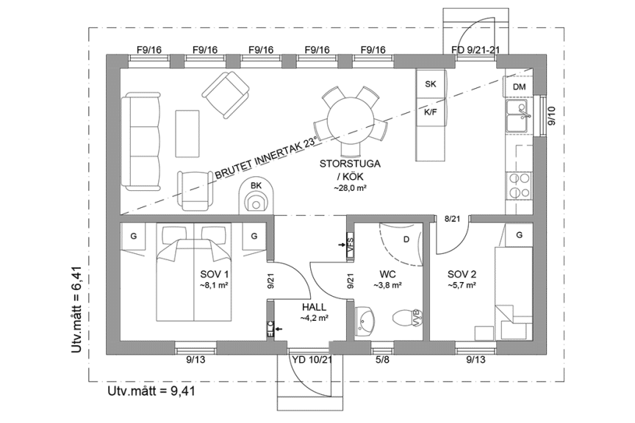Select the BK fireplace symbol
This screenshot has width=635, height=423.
pyautogui.click(x=256, y=197)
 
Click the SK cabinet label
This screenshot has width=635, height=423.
pyautogui.click(x=431, y=84)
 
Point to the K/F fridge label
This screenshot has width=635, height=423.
pyautogui.click(x=431, y=112)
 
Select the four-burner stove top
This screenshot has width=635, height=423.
pyautogui.click(x=519, y=184)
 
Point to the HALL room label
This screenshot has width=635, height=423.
pyautogui.click(x=314, y=308)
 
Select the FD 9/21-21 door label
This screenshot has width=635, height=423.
pyautogui.click(x=476, y=50)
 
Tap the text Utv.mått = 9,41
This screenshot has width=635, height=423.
pyautogui.click(x=151, y=391)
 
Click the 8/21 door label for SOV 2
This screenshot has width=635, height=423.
pyautogui.click(x=452, y=219)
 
